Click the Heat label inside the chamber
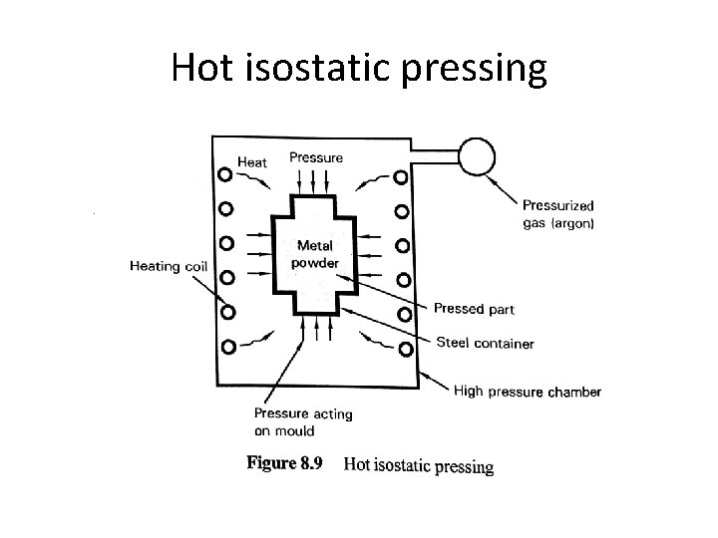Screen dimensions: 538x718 coord(252,161)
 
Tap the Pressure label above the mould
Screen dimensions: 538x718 coord(315,156)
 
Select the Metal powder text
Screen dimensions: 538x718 coord(315,253)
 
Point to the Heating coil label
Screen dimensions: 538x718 coord(168,266)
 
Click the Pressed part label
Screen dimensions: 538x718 coord(474,309)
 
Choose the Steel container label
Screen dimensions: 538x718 coord(485,344)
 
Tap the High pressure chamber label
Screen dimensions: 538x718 coord(527,392)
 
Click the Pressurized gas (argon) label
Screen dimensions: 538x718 coord(558,215)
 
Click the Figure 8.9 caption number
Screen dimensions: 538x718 coord(283,463)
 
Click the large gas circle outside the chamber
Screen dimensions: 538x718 coord(477,154)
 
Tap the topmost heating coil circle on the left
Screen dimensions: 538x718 coord(226,175)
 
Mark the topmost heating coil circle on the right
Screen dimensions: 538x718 coord(401,176)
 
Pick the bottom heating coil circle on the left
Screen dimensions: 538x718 coord(227,347)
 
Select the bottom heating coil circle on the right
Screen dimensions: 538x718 coord(405,349)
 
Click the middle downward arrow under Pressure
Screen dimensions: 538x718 coord(315,180)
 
